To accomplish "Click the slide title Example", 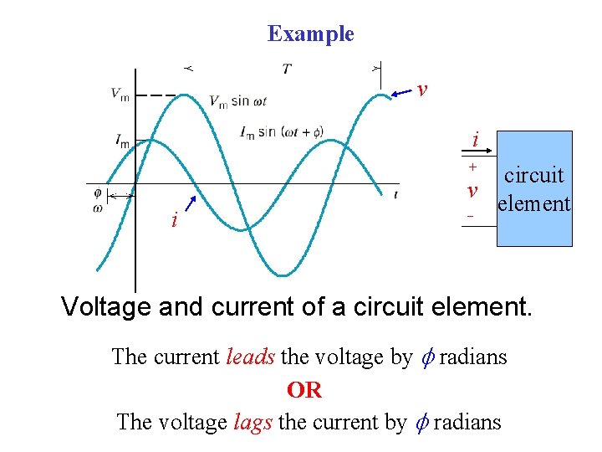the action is tap(310, 34).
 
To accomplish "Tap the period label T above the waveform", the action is tap(287, 69).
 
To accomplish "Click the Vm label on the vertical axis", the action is tap(120, 94).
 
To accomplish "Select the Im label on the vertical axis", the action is tap(122, 141).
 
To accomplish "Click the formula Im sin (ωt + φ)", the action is tap(281, 132).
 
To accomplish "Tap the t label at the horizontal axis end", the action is tap(395, 195).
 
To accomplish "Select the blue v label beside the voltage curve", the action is tap(422, 89).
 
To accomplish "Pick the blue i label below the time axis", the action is tap(174, 220).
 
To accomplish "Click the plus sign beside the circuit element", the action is tap(472, 167).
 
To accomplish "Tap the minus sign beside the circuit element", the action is tap(471, 217).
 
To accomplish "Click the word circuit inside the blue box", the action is tap(534, 176).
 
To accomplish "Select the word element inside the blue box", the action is tap(534, 203).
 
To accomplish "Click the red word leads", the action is tap(250, 357).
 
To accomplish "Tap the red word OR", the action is tap(304, 390).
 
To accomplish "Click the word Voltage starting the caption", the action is tap(106, 307).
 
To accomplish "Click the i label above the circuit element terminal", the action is tap(475, 140).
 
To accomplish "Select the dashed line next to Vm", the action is tap(156, 95).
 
